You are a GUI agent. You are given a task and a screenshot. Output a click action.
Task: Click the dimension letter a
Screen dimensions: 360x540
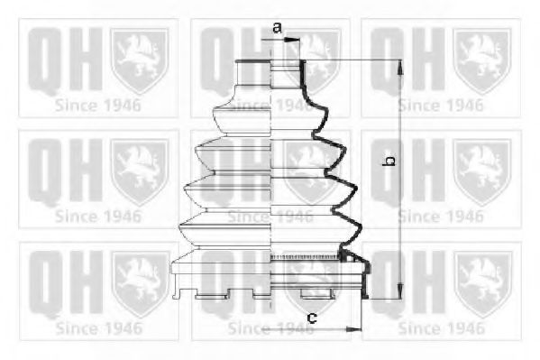[x=278, y=28]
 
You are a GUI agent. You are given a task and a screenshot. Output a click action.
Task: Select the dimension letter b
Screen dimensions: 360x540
[x=389, y=162]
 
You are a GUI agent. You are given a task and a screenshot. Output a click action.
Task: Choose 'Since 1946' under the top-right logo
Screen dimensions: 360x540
[x=442, y=104]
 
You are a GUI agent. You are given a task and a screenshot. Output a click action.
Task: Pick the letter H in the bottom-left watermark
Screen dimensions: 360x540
[x=82, y=272]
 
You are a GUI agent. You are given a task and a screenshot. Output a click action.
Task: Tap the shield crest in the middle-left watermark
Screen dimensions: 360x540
[x=139, y=167]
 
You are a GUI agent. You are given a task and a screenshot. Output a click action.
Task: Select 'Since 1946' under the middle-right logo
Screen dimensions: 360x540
[x=442, y=217]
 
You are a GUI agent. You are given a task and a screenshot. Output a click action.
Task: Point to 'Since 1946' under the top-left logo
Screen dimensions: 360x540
[x=98, y=104]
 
